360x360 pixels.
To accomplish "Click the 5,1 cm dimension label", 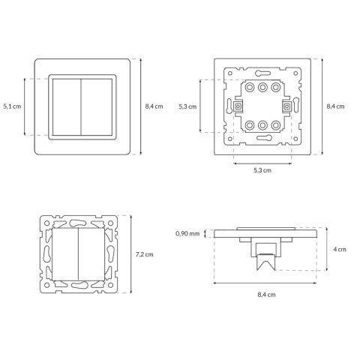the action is tap(12, 106).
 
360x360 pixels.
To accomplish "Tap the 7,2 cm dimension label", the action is tap(144, 254).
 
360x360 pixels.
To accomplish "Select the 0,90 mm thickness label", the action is tap(187, 234).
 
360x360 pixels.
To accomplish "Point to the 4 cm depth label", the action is tap(340, 250).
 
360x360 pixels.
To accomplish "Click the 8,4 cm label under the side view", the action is tap(266, 295).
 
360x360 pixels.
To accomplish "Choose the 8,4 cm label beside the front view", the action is tap(154, 106).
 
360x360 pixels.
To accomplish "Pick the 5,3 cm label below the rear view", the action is tap(262, 170).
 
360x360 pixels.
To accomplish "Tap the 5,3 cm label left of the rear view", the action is tap(187, 106).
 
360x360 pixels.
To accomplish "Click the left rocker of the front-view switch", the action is tap(67, 107).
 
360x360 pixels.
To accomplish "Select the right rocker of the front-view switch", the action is tap(97, 107).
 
